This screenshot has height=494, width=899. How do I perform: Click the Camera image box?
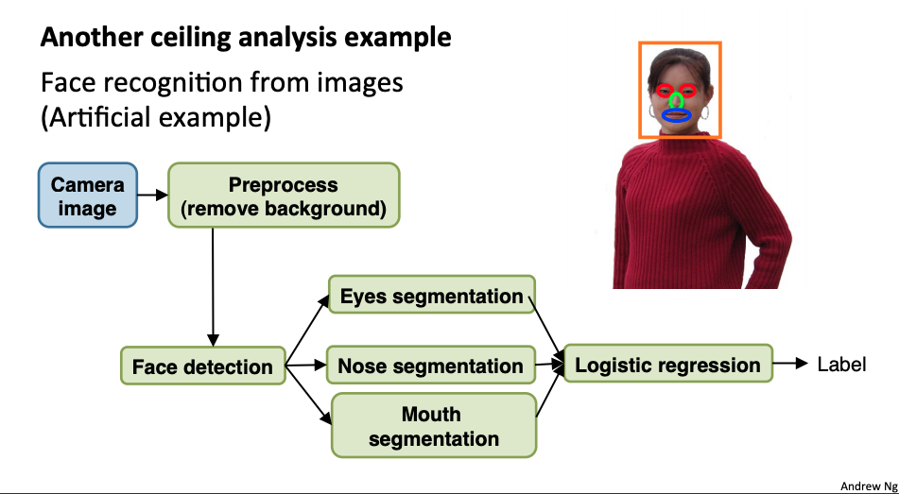coord(87,196)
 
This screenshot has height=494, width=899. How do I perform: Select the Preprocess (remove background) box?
coord(284,196)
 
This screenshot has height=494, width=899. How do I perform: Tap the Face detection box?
coord(202,366)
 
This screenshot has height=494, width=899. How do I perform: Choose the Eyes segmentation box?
coord(431,297)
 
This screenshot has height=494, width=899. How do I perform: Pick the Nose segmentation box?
coord(430,366)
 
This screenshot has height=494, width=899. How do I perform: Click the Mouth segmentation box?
coord(433,426)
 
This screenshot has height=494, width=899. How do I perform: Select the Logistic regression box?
coord(667,365)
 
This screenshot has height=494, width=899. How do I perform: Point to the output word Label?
coord(841,364)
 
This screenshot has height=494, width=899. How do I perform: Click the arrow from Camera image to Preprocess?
coord(151,196)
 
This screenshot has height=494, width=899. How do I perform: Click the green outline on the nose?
coord(677,99)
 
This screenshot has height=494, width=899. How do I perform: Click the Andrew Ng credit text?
coord(868,485)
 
